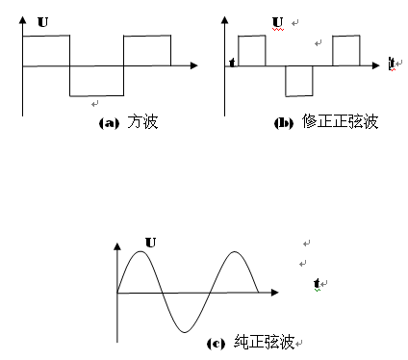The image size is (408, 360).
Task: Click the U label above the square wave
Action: [42, 22]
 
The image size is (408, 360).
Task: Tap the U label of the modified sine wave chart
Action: [278, 22]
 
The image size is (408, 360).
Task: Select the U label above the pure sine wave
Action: [150, 243]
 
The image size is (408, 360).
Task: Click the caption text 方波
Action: [142, 122]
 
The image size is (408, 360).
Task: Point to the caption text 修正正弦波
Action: [340, 121]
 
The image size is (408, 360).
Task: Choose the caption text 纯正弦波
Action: [265, 342]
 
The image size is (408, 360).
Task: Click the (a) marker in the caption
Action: [109, 123]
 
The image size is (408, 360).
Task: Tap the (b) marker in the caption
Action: [284, 123]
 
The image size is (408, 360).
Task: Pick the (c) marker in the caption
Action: [216, 344]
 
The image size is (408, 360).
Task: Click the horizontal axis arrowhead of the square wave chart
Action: [194, 65]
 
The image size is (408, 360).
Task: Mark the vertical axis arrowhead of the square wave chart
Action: [22, 20]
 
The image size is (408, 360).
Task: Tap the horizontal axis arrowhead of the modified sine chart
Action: [375, 65]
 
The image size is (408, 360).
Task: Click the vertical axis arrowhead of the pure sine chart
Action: [117, 246]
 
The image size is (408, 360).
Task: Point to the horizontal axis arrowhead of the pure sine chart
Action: [275, 293]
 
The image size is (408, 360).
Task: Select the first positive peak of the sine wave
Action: [140, 251]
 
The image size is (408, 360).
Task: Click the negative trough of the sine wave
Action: [185, 332]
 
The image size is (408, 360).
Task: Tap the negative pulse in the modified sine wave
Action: [299, 95]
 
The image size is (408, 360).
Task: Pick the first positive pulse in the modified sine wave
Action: [252, 36]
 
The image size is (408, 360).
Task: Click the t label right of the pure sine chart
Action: [317, 283]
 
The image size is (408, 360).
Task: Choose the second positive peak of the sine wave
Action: [235, 251]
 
